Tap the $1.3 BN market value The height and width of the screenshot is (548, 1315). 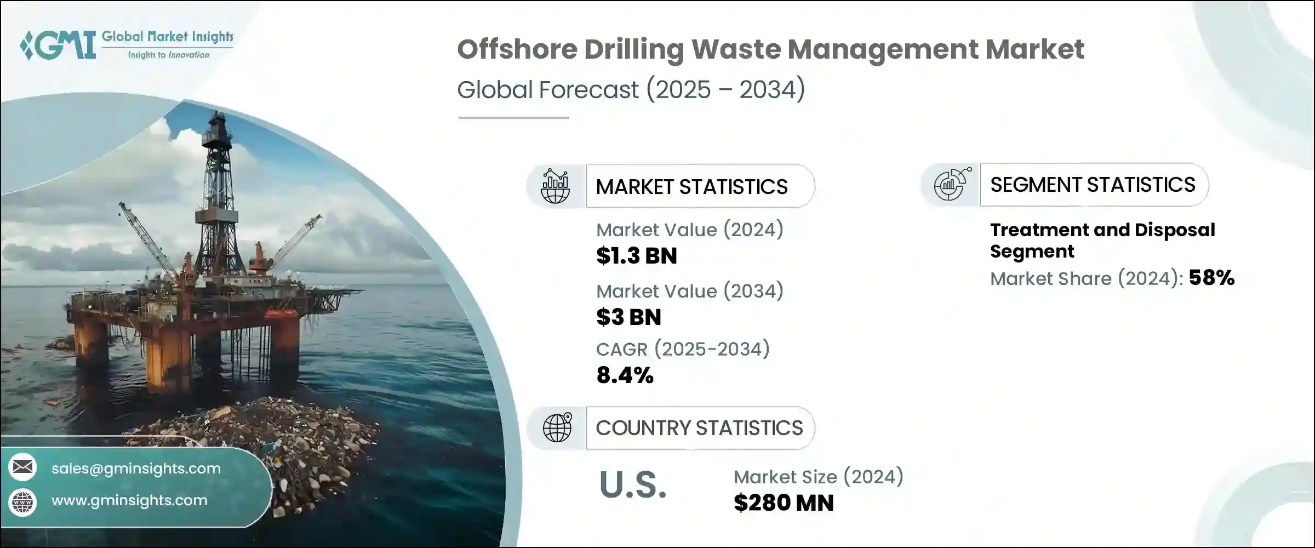pos(636,256)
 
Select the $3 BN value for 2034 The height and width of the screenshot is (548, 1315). pos(628,317)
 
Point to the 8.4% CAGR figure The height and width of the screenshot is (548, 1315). pos(625,375)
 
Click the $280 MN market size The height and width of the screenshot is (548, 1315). pos(784,503)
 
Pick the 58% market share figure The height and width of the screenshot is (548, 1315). pos(1211,278)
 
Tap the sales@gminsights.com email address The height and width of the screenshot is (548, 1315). pos(136,469)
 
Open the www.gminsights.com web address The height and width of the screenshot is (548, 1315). pos(129,500)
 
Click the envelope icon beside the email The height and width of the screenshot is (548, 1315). pos(22,467)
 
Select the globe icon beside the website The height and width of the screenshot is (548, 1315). pos(22,502)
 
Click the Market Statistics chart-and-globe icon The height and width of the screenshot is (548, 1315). pos(556,186)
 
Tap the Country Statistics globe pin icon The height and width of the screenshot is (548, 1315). pos(557,427)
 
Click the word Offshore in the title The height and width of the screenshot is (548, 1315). pos(517,49)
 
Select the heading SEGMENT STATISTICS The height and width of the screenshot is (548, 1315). pos(1093,185)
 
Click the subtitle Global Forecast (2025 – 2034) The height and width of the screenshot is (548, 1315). pos(631,89)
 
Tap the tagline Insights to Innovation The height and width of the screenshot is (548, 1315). pos(168,55)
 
